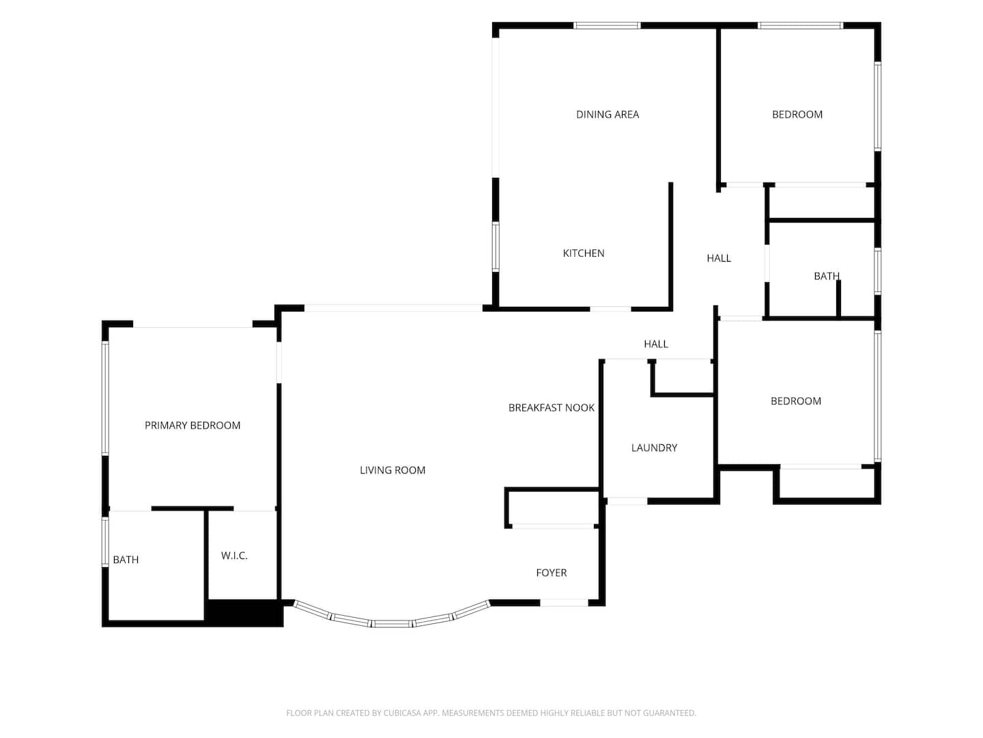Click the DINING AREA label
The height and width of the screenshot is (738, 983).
(x=608, y=115)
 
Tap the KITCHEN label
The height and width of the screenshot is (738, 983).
(x=583, y=254)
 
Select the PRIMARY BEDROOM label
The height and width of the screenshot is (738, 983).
(x=193, y=426)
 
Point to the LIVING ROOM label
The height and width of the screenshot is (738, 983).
(x=393, y=471)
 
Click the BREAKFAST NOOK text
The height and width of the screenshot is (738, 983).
(x=552, y=408)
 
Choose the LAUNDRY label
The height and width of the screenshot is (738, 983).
(x=654, y=448)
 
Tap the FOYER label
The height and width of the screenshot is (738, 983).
(x=552, y=573)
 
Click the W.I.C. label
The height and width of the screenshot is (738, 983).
(x=234, y=556)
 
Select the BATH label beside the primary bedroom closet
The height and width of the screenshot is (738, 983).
(x=126, y=560)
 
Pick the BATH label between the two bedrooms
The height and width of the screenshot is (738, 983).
(x=826, y=276)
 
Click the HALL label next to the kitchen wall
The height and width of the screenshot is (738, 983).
(x=719, y=258)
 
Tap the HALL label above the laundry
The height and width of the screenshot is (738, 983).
(x=656, y=344)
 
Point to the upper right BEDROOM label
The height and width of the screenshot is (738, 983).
(x=797, y=115)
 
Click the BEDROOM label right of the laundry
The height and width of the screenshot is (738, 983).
(x=796, y=401)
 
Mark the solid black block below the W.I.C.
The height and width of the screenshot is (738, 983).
(x=244, y=612)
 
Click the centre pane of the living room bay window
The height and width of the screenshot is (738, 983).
(x=393, y=623)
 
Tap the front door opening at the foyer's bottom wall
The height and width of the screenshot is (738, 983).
(x=564, y=603)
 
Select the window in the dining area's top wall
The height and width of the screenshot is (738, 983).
(x=607, y=25)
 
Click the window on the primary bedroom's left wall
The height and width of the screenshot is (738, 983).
(x=106, y=398)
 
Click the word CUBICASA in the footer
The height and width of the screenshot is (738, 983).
(x=401, y=713)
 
